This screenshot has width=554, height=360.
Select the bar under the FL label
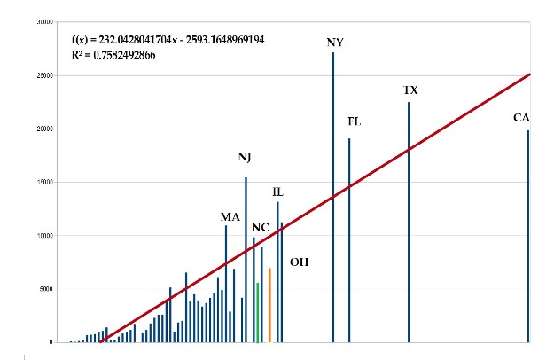point(349,239)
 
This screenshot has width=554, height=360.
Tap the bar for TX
point(409,222)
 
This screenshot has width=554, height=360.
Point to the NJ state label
point(245,157)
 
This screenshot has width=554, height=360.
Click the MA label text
point(230,216)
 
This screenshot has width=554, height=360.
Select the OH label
point(299,262)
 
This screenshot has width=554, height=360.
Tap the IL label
point(277,192)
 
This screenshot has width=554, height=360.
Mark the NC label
point(260,227)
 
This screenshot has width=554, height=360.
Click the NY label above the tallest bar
point(334,42)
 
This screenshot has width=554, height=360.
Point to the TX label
point(410,90)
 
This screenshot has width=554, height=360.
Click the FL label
point(355,121)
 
